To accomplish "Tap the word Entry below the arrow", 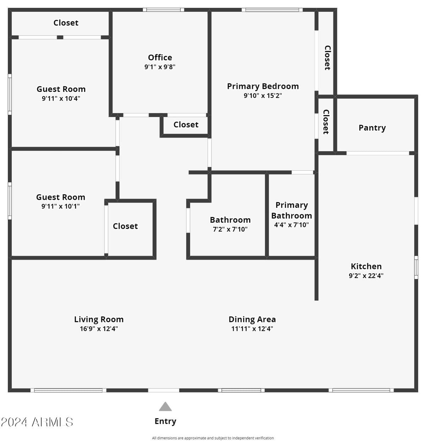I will coord(165,421).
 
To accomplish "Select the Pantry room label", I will coord(372,128).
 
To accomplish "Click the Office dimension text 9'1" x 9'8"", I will coord(160,67).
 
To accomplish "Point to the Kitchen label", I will coord(366,266).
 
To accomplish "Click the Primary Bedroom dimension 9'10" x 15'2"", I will coord(263,96).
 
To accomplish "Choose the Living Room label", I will coord(99,319).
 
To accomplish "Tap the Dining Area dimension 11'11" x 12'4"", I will coord(252,329).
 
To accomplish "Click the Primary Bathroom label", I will coord(291,210).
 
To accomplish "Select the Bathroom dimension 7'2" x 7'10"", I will coord(230,229).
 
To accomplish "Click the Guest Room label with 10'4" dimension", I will coord(61,89).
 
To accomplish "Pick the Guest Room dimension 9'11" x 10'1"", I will coord(60,206).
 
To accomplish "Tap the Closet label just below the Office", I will coord(186,125).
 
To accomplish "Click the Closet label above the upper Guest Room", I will coord(66,23).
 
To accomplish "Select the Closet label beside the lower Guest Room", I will coord(125,226).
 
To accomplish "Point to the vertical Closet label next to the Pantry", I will coord(326,122).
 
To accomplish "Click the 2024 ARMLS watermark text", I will coord(37,422).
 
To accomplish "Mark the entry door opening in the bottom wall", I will coord(164,390).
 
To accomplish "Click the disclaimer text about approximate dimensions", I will coord(213,438).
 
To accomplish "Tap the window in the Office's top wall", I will coord(163,10).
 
